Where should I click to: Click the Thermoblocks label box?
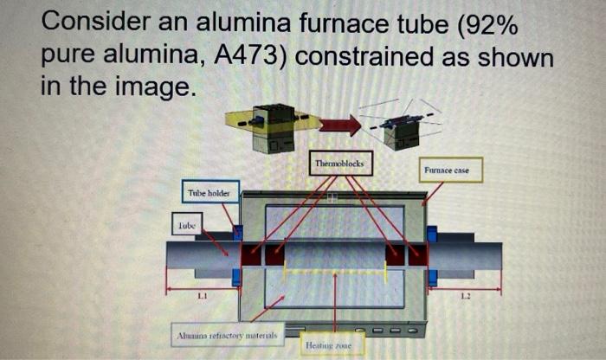tap(343, 164)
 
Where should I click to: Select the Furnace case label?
tap(447, 170)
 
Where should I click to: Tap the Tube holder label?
tap(209, 193)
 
